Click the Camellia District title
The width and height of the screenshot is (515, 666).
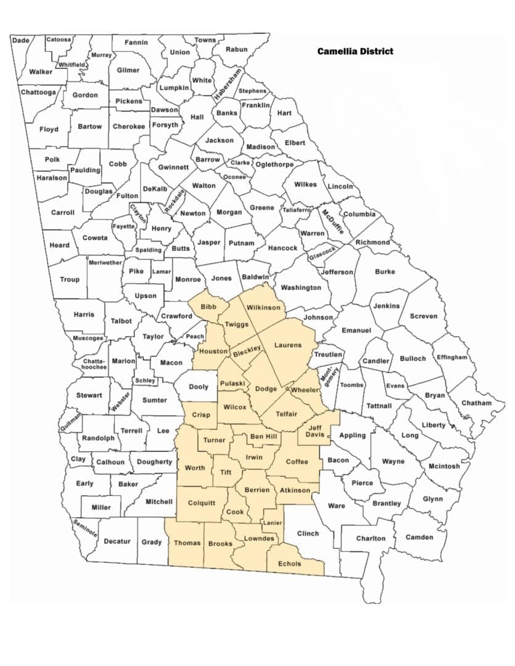click(x=355, y=51)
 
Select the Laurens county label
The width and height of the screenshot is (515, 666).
click(x=287, y=345)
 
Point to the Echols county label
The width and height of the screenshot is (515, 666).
click(x=290, y=564)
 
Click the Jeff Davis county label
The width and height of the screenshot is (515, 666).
click(x=316, y=429)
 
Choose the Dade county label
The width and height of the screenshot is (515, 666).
click(x=20, y=40)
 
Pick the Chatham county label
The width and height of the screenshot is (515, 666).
click(x=476, y=403)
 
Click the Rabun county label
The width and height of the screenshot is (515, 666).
click(x=236, y=49)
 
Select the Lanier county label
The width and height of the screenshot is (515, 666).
click(x=272, y=523)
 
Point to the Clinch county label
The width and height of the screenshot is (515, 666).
click(x=308, y=533)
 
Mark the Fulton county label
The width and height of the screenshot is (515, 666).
click(x=128, y=196)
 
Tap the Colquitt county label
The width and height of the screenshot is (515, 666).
click(x=201, y=503)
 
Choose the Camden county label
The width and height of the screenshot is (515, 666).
click(x=419, y=537)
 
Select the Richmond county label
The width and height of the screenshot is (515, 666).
click(x=373, y=242)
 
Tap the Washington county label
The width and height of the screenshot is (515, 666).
click(x=301, y=287)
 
